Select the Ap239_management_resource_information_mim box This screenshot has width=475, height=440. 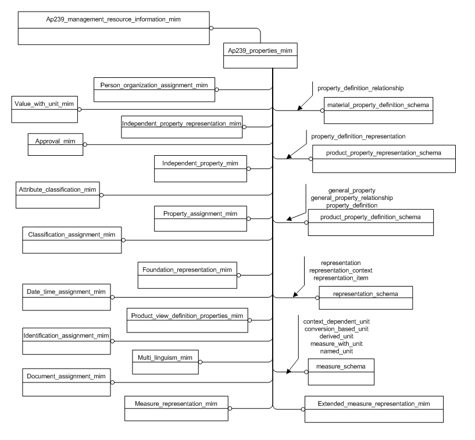click(x=113, y=27)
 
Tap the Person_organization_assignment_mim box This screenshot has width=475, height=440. click(x=154, y=90)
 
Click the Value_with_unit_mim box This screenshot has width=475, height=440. click(x=44, y=109)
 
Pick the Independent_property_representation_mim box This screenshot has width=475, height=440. click(x=181, y=127)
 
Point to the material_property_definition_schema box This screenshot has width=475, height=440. click(x=378, y=110)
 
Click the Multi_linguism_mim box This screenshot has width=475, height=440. click(x=165, y=362)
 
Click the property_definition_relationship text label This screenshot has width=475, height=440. click(x=360, y=88)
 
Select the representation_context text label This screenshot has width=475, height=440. click(x=341, y=270)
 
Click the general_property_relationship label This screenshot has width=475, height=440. click(x=352, y=198)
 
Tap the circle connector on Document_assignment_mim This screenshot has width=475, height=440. click(x=112, y=382)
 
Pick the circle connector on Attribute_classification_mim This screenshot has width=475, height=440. click(x=101, y=195)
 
